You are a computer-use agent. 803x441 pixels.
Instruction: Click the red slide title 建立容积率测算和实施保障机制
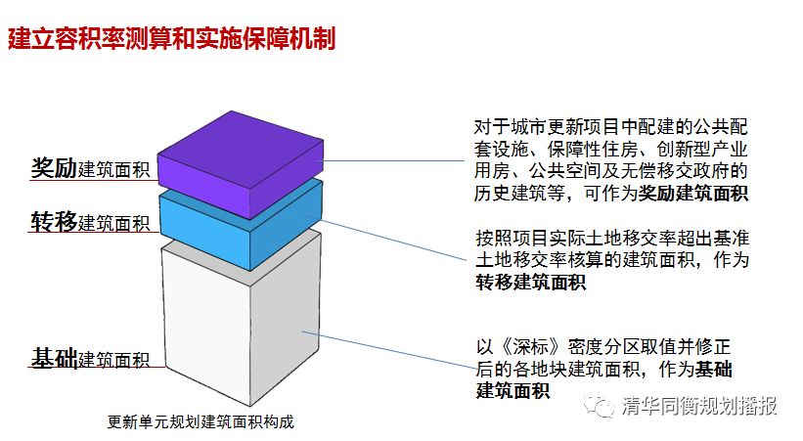[172, 39]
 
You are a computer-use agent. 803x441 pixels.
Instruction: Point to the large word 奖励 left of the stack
[54, 167]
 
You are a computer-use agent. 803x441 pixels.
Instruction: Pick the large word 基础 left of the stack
[54, 358]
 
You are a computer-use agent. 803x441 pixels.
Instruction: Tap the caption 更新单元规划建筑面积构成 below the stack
[201, 423]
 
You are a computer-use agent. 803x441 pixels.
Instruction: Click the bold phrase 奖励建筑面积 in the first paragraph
[693, 194]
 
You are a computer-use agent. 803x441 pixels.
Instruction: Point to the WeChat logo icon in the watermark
[600, 405]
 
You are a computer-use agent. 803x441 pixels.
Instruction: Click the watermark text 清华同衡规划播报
[698, 406]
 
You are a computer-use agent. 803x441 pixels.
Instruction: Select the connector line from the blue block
[391, 239]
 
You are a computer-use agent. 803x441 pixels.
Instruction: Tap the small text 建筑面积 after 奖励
[114, 170]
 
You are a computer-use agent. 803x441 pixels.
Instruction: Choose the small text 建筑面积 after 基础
[114, 360]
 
